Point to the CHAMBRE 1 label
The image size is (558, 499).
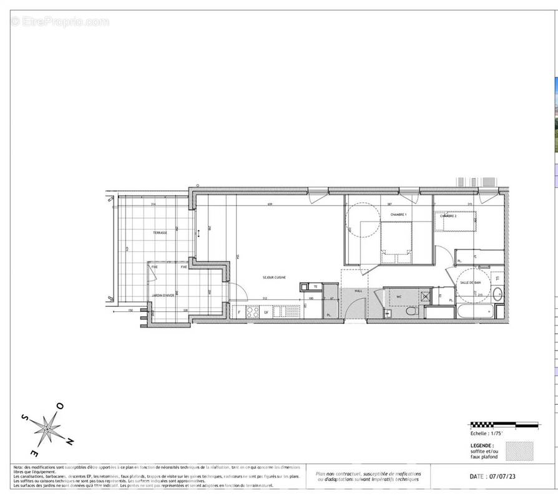click(398, 215)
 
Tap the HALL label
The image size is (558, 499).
click(358, 291)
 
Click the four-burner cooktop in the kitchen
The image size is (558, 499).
click(253, 312)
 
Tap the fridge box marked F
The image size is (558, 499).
click(239, 312)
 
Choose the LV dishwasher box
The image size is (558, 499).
click(267, 312)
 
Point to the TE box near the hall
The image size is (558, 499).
click(316, 287)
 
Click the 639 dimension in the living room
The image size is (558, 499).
click(270, 205)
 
